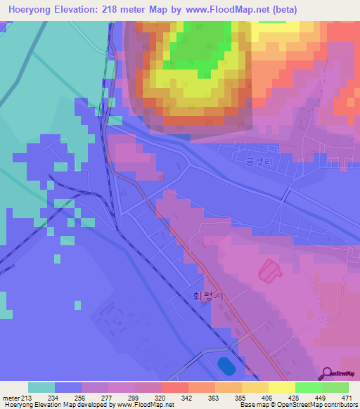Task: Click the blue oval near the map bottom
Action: pos(226,366)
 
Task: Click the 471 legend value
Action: pos(346,397)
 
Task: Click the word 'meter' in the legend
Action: pos(10,397)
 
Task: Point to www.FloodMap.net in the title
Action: pos(217,10)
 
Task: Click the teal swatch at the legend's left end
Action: pos(41,387)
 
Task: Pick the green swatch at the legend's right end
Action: pos(335,387)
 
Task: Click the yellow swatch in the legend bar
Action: pos(281,387)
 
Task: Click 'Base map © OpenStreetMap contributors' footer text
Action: pos(296,405)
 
